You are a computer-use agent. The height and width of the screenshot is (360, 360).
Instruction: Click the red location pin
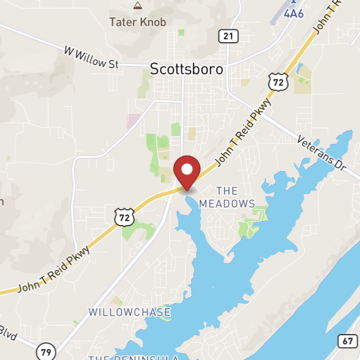[x=187, y=171]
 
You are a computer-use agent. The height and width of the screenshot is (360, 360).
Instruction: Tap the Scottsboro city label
[x=186, y=69]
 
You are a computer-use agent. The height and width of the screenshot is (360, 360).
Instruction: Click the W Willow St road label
[x=91, y=58]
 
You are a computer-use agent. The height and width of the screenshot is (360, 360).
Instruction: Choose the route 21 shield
[x=227, y=37]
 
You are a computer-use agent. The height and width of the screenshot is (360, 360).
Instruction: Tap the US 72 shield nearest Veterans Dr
[x=278, y=82]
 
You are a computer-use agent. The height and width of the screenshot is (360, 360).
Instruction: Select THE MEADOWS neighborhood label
[x=227, y=197]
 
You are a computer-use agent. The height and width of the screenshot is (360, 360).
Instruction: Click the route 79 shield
[x=46, y=353]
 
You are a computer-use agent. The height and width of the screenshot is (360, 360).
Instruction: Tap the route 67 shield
[x=346, y=341]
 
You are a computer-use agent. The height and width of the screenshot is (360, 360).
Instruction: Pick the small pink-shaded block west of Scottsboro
[x=134, y=120]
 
